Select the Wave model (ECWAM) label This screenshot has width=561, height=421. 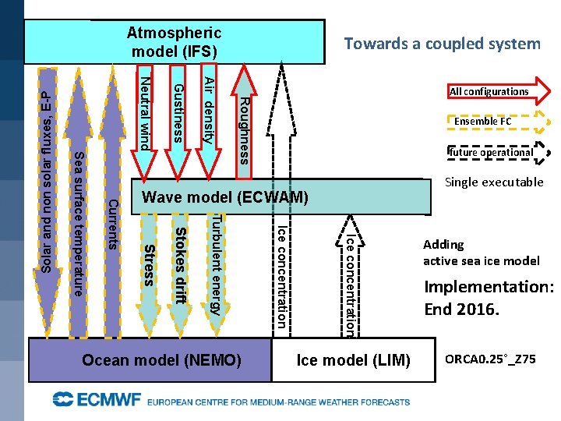pyautogui.click(x=226, y=198)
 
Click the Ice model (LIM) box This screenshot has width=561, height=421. pyautogui.click(x=354, y=360)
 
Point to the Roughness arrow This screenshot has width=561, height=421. pyautogui.click(x=244, y=121)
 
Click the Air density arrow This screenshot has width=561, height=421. pyautogui.click(x=208, y=113)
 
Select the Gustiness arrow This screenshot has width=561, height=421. pyautogui.click(x=178, y=113)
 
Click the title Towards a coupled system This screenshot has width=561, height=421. pyautogui.click(x=442, y=44)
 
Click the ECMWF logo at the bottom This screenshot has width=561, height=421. pyautogui.click(x=97, y=401)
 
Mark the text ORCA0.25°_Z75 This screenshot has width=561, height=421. pyautogui.click(x=490, y=359)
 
